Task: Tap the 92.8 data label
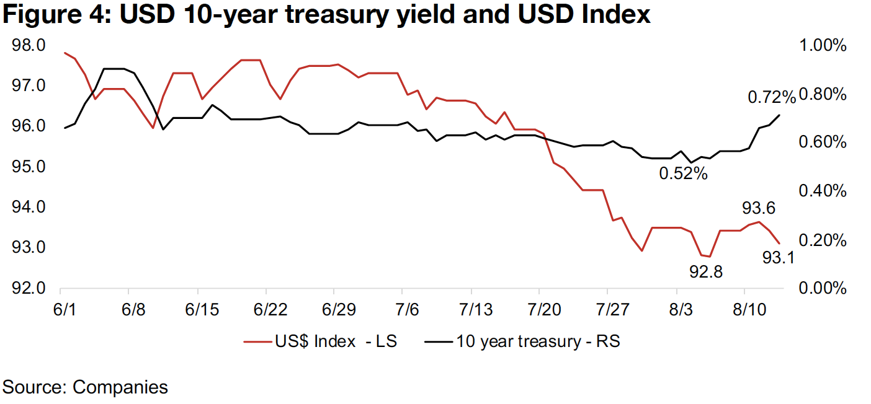click(706, 271)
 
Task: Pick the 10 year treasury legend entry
click(538, 341)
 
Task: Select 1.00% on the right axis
click(824, 46)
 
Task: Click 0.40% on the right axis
click(824, 191)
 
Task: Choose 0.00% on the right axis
click(824, 289)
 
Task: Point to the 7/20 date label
click(540, 308)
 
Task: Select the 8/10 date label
click(745, 308)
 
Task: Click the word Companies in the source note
click(120, 387)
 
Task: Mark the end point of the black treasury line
click(779, 115)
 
